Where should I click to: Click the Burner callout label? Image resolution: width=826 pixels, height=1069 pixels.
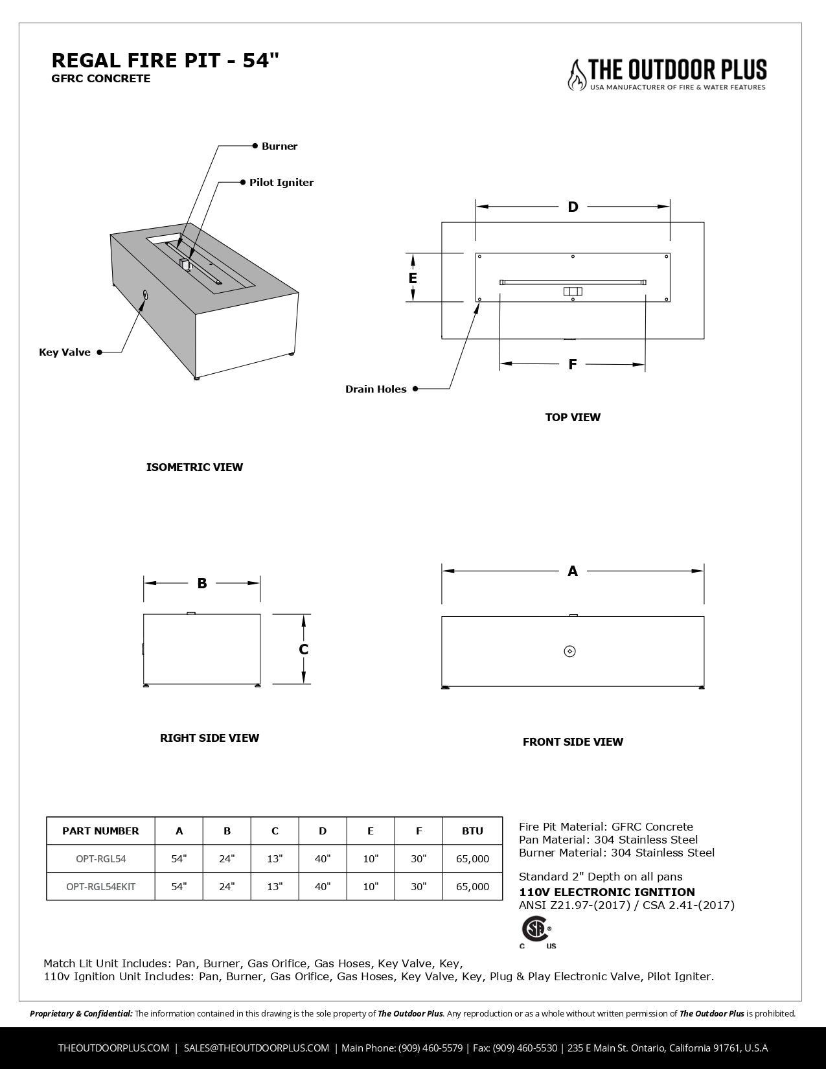pos(279,146)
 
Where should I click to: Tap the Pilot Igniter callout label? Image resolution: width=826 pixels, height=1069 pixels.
pos(281,183)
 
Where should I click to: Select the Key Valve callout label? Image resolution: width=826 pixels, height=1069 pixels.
pos(65,352)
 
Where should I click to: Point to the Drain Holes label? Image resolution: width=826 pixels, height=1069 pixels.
pos(376,389)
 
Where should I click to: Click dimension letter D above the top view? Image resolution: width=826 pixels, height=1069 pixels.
pos(573,207)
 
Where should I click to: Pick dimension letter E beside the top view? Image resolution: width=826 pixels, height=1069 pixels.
pos(413,278)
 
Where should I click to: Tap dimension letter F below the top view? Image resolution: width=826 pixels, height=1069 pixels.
pos(573,365)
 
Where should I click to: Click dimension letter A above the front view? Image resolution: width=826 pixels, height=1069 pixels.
pos(573,571)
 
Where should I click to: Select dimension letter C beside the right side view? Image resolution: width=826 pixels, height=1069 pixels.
pos(303,649)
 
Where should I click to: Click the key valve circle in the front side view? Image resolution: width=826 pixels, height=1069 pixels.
pos(570,651)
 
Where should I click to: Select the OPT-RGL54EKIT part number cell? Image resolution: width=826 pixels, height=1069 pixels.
pos(101,886)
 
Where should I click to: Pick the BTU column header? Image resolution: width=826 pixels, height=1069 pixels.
pos(472,831)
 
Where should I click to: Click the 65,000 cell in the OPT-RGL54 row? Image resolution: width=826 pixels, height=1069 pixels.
pos(472,859)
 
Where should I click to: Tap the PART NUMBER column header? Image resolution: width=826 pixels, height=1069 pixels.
pos(100,831)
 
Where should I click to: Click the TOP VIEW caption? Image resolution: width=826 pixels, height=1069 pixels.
pos(573,417)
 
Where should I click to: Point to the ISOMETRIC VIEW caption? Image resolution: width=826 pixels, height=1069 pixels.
pos(194,467)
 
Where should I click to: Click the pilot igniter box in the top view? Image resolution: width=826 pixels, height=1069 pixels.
pos(573,292)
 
